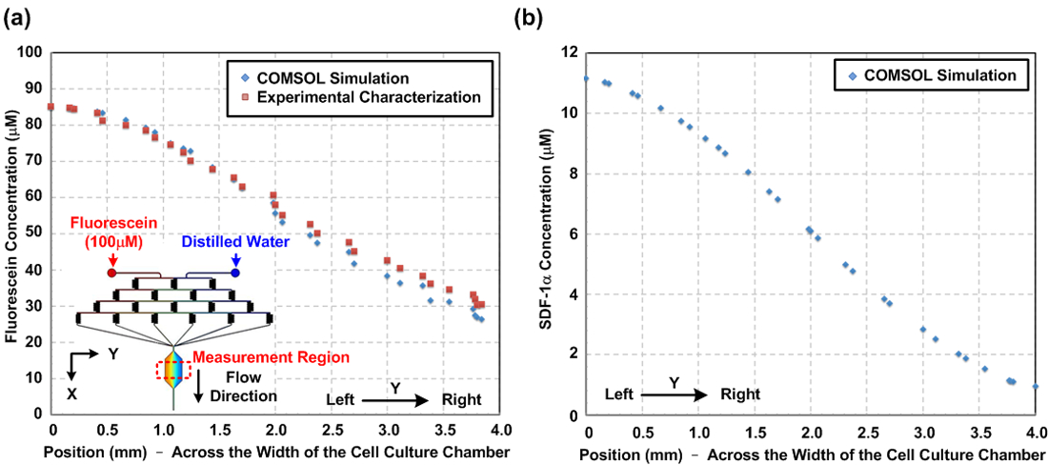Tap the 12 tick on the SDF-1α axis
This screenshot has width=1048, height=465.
pos(572,52)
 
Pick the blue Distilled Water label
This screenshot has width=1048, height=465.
pos(236,242)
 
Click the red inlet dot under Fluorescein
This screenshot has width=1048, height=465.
pos(112,273)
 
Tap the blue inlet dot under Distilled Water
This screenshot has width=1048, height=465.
pos(234,273)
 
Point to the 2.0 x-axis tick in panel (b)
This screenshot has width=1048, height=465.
pos(812,431)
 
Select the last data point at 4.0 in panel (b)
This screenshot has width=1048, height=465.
pos(1036,387)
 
